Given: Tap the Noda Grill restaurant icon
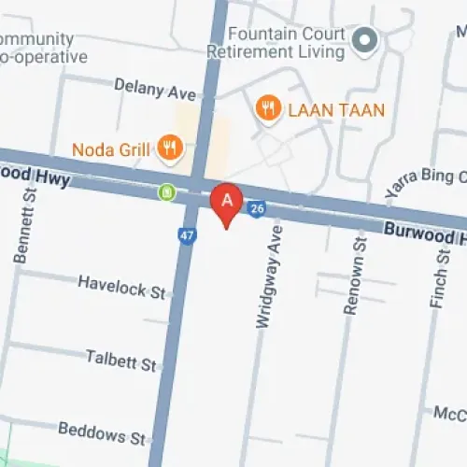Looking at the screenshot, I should pyautogui.click(x=169, y=147).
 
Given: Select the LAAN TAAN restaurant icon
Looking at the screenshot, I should pyautogui.click(x=268, y=109).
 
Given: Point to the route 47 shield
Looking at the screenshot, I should pyautogui.click(x=188, y=235).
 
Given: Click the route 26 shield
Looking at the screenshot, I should pyautogui.click(x=258, y=209).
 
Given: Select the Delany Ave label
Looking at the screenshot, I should pyautogui.click(x=155, y=90).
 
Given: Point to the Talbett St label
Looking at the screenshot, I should pyautogui.click(x=121, y=360).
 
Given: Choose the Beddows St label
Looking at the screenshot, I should pyautogui.click(x=102, y=432).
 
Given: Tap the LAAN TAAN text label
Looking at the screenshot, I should pyautogui.click(x=335, y=110).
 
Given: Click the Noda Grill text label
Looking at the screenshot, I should pyautogui.click(x=110, y=149).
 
